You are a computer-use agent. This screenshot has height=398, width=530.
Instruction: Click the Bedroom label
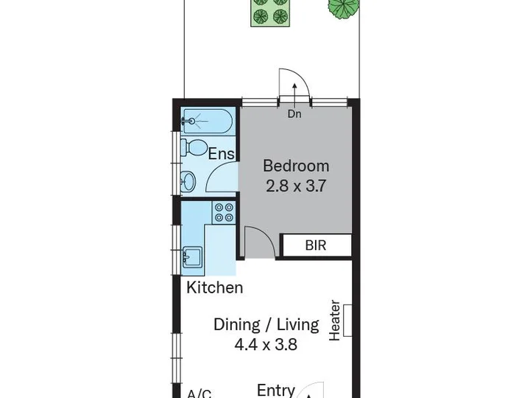point(296,166)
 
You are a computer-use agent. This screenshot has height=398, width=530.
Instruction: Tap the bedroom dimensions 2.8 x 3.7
point(296,186)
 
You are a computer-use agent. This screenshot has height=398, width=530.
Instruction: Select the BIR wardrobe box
point(316,245)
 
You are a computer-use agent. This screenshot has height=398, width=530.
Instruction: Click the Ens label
point(221,153)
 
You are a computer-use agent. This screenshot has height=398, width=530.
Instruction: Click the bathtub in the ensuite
point(207,121)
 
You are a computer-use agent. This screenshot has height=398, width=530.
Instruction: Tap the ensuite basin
point(188,182)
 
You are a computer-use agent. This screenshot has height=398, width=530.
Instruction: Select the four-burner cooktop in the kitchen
point(224,212)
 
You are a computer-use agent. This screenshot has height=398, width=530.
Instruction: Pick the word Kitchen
point(215,287)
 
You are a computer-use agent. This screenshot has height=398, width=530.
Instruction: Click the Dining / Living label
point(266,324)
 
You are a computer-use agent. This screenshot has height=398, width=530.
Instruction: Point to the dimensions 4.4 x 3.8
point(266,345)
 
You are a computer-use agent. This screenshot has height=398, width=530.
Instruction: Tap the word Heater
point(335,321)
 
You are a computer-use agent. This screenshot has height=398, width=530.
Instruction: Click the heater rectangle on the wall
point(347,321)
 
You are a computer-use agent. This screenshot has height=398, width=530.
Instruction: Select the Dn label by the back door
point(294,114)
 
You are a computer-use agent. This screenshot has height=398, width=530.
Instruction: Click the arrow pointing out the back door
point(294,96)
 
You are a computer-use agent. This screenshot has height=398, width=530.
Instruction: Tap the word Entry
point(276,390)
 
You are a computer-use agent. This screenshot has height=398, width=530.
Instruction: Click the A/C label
point(199,394)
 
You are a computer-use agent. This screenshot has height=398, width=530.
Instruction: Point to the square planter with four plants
point(270,13)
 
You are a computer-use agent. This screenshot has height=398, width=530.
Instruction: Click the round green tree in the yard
point(343,8)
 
